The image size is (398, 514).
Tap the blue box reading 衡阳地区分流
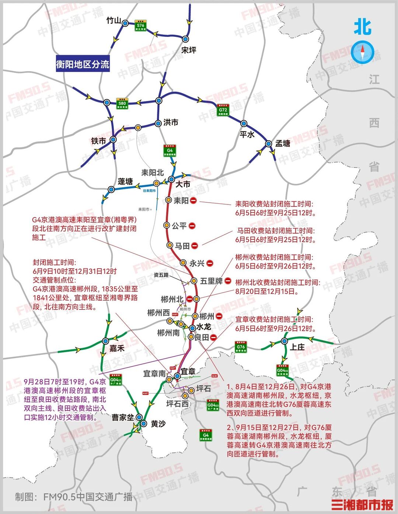(83, 64)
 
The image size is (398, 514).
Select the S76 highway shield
(140, 25)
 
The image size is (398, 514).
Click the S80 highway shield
(122, 103)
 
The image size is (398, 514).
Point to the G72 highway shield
(223, 109)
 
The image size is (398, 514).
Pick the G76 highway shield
(241, 347)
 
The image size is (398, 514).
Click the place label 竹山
(114, 21)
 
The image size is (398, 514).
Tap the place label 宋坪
(189, 50)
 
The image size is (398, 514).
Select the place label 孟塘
(283, 143)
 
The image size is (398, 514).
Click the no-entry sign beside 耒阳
(193, 200)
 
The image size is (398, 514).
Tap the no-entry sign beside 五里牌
(228, 281)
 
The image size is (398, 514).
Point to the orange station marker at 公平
(167, 225)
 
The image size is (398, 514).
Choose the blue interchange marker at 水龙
(192, 328)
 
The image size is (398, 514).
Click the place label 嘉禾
(117, 348)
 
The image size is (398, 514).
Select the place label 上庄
(297, 347)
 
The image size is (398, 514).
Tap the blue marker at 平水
(244, 123)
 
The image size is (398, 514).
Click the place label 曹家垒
(123, 417)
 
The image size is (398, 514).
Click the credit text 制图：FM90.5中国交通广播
(74, 497)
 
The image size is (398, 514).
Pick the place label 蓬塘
(125, 181)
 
